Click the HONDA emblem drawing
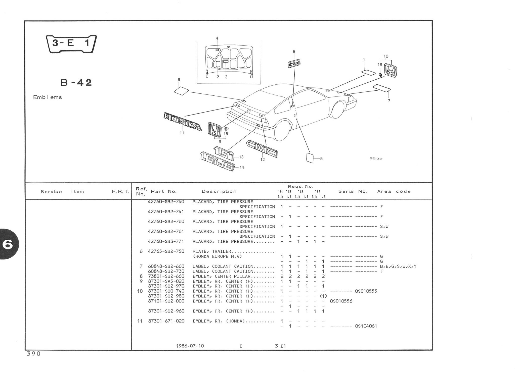[x=183, y=122]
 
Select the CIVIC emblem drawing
[x=262, y=149]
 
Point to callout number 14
[x=242, y=168]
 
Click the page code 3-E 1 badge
[x=71, y=44]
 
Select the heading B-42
[x=76, y=82]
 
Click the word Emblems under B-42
[x=47, y=97]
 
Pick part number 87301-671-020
[x=166, y=321]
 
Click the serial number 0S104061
[x=366, y=326]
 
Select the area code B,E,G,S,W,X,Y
[x=398, y=266]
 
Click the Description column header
[x=219, y=191]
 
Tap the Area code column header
[x=394, y=191]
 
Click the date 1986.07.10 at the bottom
[x=190, y=346]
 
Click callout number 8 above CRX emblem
[x=294, y=51]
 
